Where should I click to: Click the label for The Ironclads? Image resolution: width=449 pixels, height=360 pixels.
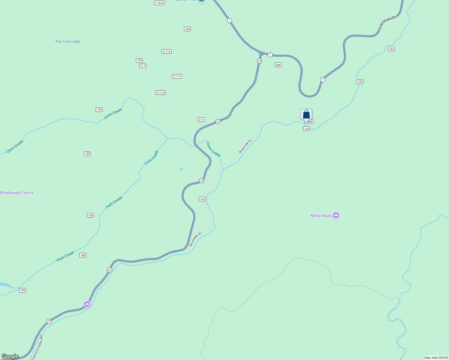click(x=68, y=42)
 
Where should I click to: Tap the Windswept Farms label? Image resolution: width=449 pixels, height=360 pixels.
click(x=17, y=193)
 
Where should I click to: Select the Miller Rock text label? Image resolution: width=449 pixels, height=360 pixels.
click(x=321, y=216)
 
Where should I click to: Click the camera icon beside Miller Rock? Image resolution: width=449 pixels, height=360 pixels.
click(x=336, y=215)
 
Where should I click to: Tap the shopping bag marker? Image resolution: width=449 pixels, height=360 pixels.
click(x=306, y=115)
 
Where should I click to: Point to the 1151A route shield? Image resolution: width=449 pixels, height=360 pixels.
click(x=159, y=3)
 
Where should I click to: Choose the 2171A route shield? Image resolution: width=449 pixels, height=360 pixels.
click(x=166, y=52)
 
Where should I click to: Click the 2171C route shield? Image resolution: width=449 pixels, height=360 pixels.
click(x=177, y=76)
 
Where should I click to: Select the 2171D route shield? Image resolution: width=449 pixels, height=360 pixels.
click(x=161, y=93)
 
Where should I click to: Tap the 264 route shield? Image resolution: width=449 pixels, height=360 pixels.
click(x=278, y=65)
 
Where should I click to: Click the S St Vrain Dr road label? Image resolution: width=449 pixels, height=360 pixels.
click(x=387, y=22)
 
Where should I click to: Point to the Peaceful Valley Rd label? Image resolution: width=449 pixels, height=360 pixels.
click(x=37, y=347)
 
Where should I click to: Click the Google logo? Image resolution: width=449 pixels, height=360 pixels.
click(x=10, y=356)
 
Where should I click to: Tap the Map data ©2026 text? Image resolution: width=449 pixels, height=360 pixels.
click(x=435, y=358)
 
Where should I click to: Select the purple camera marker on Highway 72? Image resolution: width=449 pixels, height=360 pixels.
click(x=87, y=304)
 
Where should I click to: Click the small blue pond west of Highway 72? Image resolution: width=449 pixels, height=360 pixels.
click(x=181, y=169)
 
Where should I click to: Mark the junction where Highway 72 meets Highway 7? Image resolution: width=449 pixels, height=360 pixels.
click(x=261, y=54)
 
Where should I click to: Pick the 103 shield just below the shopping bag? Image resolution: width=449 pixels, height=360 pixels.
click(x=306, y=129)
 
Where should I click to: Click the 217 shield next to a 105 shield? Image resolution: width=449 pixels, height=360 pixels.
click(x=143, y=66)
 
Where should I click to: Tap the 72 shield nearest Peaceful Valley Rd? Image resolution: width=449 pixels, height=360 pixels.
click(x=49, y=321)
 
